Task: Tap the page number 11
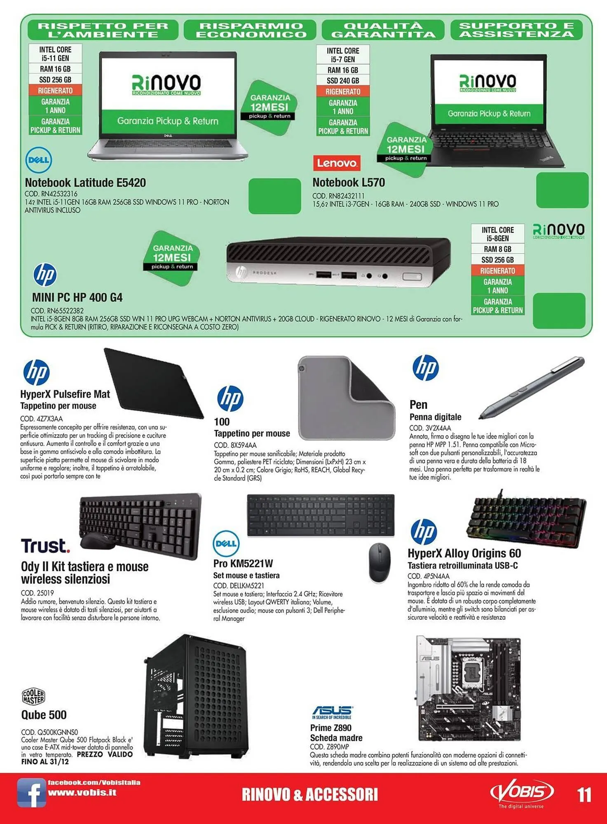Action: tap(584, 795)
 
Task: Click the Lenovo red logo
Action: tap(337, 163)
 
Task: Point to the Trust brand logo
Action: tap(45, 545)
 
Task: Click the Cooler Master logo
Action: tap(33, 697)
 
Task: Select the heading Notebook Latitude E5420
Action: tap(85, 183)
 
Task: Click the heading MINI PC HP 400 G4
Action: tap(77, 297)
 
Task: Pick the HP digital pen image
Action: tap(532, 387)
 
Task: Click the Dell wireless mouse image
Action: tap(379, 563)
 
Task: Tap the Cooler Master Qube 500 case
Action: tap(195, 697)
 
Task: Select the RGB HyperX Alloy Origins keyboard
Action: tap(527, 520)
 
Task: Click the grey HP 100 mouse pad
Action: tap(346, 398)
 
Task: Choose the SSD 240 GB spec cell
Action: tap(343, 81)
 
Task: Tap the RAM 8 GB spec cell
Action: tap(497, 249)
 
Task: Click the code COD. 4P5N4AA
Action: tap(429, 576)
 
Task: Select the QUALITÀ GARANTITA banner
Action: tap(383, 30)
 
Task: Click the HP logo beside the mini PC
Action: tap(45, 275)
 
